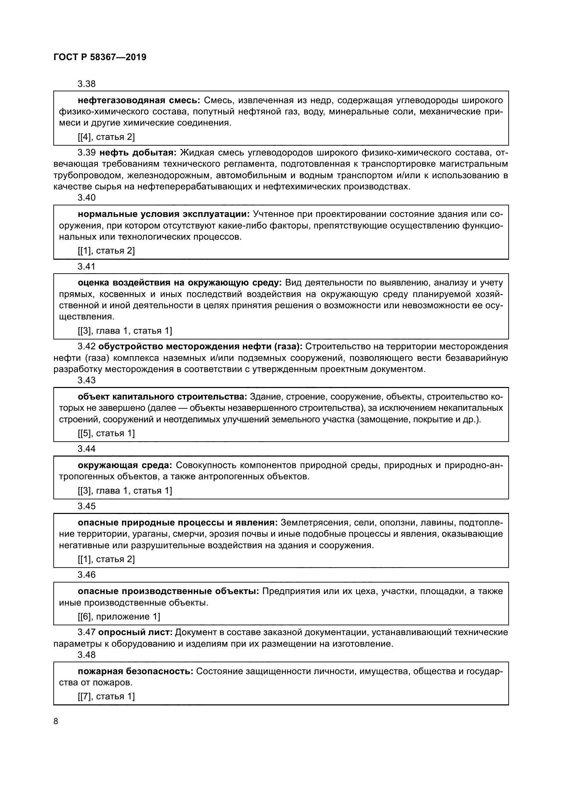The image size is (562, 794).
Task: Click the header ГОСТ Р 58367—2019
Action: [100, 57]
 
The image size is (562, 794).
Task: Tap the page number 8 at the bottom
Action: [56, 721]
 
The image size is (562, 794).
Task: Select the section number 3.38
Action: [87, 84]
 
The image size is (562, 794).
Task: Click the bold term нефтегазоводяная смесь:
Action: [139, 100]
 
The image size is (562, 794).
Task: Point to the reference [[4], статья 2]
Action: [106, 137]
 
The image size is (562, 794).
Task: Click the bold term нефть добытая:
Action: [138, 152]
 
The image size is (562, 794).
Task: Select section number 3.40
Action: [87, 198]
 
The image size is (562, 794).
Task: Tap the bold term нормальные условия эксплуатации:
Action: [164, 214]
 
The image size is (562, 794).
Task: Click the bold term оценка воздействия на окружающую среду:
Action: [180, 282]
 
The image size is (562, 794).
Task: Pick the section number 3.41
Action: [87, 266]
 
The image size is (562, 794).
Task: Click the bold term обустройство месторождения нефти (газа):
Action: [200, 346]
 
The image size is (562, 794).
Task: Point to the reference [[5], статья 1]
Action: [106, 433]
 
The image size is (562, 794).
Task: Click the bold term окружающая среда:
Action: [125, 465]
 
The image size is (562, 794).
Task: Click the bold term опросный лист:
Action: [135, 632]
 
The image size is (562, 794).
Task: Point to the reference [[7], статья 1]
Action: [106, 696]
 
